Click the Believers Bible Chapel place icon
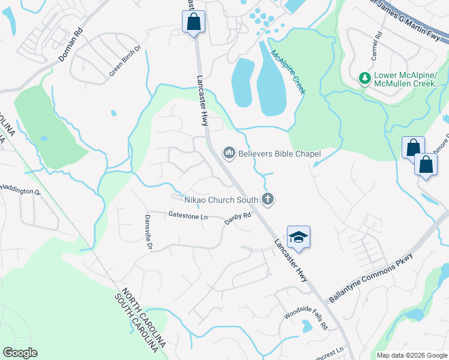[x=229, y=154]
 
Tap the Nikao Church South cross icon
[x=268, y=199]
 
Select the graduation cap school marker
[x=298, y=238]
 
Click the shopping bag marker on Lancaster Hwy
[x=193, y=22]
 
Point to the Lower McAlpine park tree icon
[x=364, y=78]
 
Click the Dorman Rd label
[x=70, y=44]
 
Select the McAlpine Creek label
[x=289, y=71]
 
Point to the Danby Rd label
[x=237, y=220]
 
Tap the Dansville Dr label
[x=149, y=233]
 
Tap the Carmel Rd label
[x=376, y=44]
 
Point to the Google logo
[x=20, y=353]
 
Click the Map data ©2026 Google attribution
[x=411, y=355]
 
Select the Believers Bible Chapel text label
[x=280, y=154]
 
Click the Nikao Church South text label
[x=222, y=199]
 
